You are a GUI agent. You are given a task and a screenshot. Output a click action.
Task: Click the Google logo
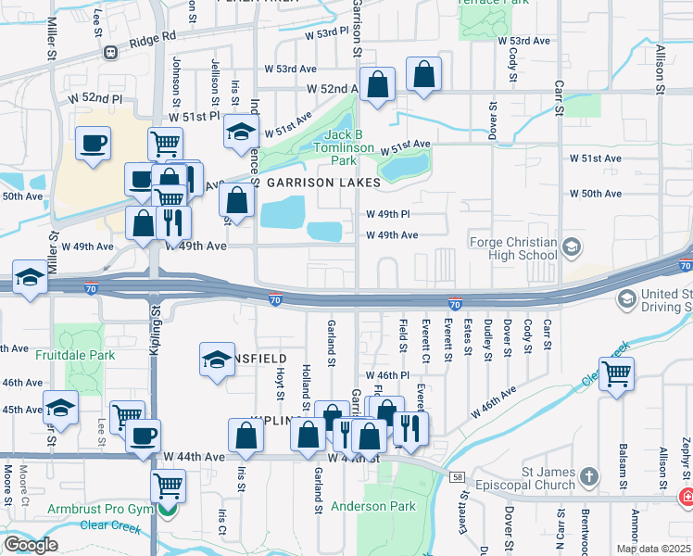(x=31, y=545)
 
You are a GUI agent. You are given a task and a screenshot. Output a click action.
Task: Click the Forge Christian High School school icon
(x=572, y=246)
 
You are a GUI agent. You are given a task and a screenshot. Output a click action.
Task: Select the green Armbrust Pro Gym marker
(x=167, y=508)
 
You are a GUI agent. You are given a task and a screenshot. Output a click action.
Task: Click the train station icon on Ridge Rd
(x=110, y=53)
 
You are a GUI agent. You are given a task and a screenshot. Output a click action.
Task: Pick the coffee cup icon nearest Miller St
(x=94, y=144)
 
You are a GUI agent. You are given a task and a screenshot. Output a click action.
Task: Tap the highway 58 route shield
(x=457, y=475)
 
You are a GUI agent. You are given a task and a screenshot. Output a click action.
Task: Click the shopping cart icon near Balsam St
(x=616, y=373)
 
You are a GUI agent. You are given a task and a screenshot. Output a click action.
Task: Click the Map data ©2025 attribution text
(x=653, y=549)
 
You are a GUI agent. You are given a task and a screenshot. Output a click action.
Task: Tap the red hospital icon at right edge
(x=687, y=497)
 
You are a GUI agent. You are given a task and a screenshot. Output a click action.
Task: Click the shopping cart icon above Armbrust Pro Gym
(x=168, y=483)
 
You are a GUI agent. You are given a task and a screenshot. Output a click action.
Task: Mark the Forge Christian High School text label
(x=512, y=249)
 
